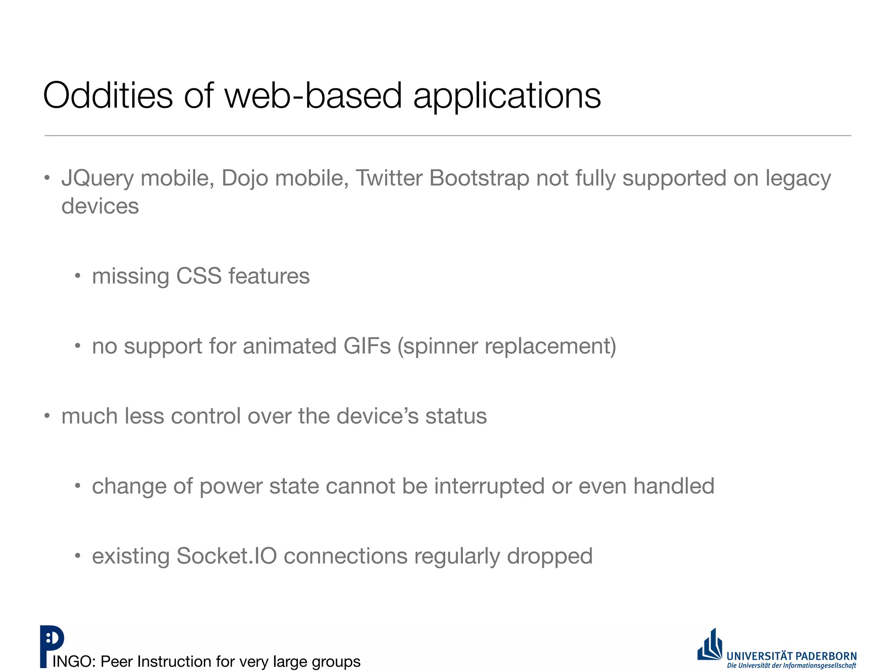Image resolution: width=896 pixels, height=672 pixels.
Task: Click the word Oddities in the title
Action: pyautogui.click(x=108, y=95)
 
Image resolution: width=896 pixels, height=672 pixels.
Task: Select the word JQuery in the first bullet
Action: pyautogui.click(x=98, y=178)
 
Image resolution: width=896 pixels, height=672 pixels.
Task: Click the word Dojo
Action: pyautogui.click(x=245, y=178)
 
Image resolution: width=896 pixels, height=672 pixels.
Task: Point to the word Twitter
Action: pyautogui.click(x=389, y=178)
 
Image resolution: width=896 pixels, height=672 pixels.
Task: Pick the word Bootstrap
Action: pyautogui.click(x=479, y=178)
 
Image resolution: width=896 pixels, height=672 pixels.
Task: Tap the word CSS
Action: pyautogui.click(x=199, y=276)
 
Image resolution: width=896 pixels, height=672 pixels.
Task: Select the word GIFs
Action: pyautogui.click(x=367, y=346)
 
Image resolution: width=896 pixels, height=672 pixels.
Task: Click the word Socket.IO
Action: pyautogui.click(x=227, y=556)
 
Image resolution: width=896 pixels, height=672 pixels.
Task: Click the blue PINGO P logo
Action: pyautogui.click(x=51, y=645)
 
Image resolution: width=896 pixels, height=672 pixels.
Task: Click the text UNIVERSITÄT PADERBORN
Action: pyautogui.click(x=791, y=656)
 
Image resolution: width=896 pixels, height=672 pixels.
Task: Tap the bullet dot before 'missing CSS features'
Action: pyautogui.click(x=77, y=276)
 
